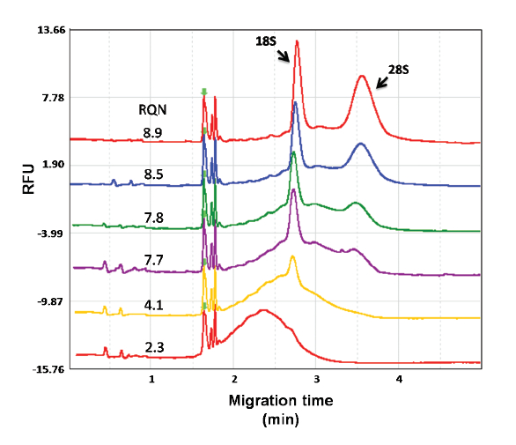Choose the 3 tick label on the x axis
tap(317, 381)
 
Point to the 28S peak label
tap(397, 70)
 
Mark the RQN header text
tap(151, 110)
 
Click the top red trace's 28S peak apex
tap(362, 76)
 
